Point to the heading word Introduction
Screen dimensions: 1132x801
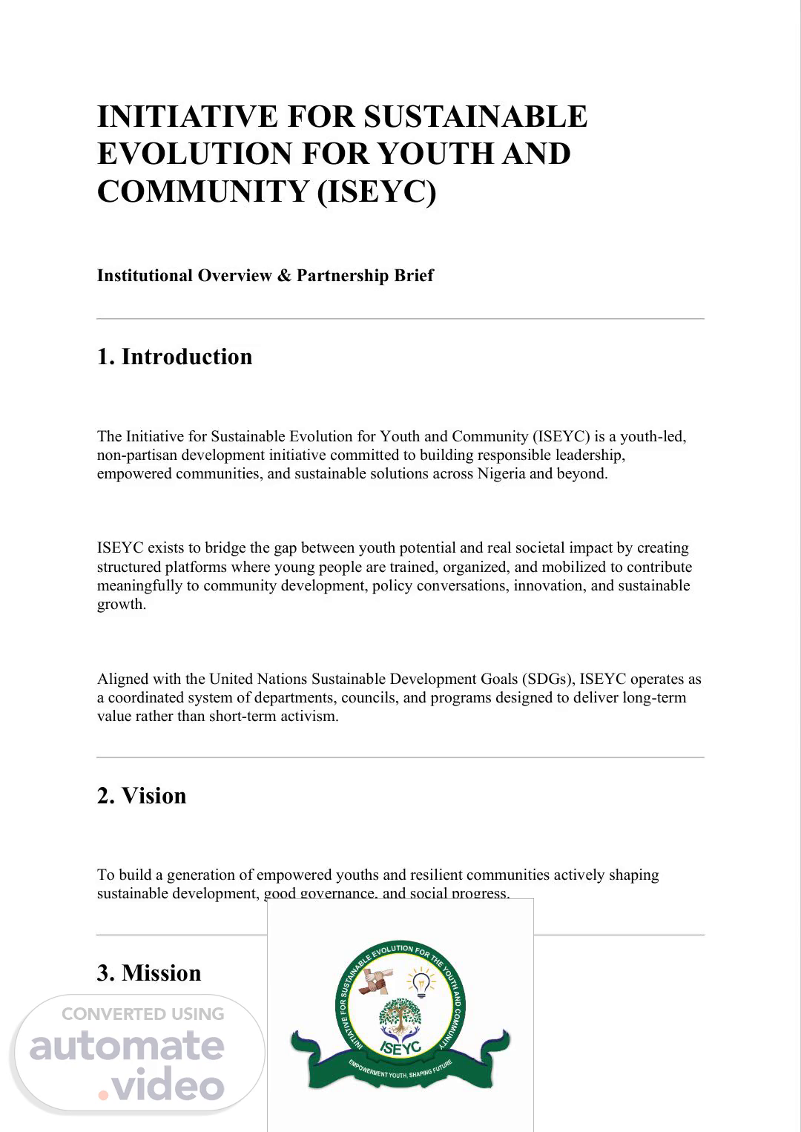coord(187,357)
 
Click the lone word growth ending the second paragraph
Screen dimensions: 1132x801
coord(120,605)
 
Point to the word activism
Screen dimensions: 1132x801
coord(309,717)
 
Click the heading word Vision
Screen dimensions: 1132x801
coord(154,796)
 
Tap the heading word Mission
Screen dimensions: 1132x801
coord(161,973)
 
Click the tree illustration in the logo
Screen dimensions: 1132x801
coord(400,1016)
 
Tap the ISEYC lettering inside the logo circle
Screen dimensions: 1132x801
coord(400,1046)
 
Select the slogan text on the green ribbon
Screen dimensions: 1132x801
coord(400,1072)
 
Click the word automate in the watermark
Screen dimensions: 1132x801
coord(127,1046)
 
